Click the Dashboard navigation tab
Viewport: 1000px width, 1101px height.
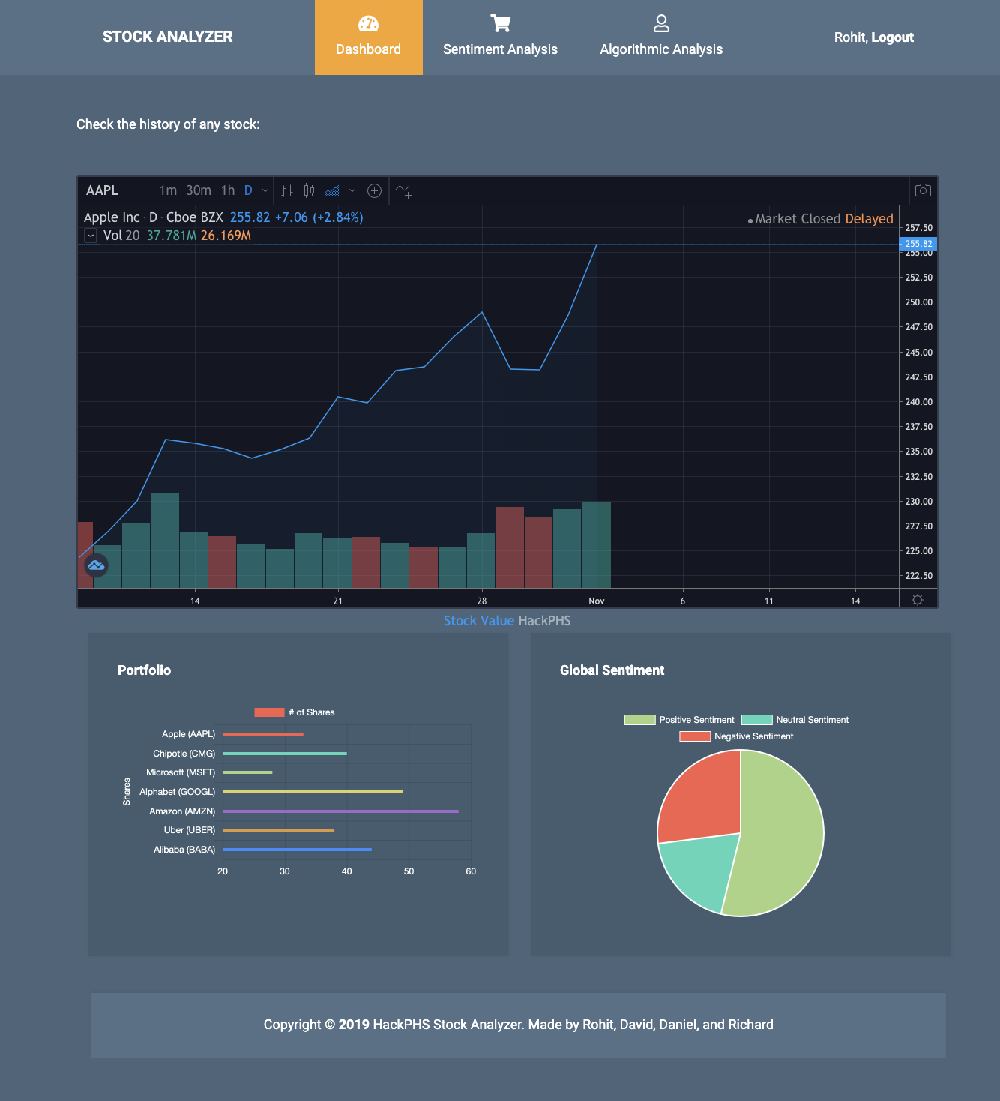click(x=368, y=37)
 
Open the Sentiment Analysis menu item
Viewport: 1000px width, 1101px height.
click(x=500, y=37)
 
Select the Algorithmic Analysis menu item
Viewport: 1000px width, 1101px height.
click(x=661, y=37)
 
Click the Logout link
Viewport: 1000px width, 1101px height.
click(x=892, y=37)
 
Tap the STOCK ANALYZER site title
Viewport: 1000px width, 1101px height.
click(x=167, y=37)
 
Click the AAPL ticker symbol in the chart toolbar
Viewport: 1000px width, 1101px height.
click(x=102, y=190)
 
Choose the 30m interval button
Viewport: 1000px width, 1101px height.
click(x=199, y=190)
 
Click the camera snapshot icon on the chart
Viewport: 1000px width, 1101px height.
click(x=923, y=190)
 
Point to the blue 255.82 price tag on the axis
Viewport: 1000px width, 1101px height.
click(x=918, y=244)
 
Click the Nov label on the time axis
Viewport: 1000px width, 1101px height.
click(x=597, y=601)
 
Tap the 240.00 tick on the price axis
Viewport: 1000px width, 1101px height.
click(x=918, y=402)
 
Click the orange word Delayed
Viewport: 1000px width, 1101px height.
click(x=869, y=219)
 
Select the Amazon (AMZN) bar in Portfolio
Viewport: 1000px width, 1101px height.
click(x=340, y=811)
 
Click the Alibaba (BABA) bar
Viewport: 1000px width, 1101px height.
click(x=297, y=850)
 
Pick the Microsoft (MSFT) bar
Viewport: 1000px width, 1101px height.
click(x=247, y=772)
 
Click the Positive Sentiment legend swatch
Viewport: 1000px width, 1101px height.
click(x=639, y=720)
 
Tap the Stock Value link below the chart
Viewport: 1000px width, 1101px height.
click(x=478, y=621)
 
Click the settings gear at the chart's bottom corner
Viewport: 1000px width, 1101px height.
click(x=917, y=600)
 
